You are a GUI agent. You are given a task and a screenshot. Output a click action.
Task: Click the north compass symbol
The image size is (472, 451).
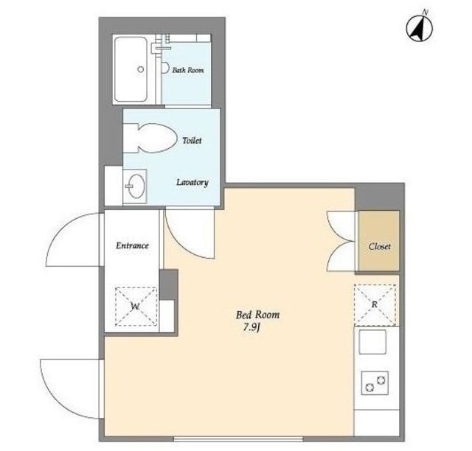(420, 28)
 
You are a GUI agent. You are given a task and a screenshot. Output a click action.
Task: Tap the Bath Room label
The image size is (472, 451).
(188, 70)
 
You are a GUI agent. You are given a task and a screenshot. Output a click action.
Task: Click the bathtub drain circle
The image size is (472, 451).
(141, 69)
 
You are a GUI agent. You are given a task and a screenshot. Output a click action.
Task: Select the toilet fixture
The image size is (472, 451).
(150, 138)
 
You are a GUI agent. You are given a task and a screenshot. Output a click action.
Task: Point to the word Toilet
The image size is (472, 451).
(192, 140)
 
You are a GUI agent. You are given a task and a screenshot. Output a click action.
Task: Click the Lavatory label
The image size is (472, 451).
(192, 182)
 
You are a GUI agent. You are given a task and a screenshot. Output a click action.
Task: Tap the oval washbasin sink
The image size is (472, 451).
(136, 186)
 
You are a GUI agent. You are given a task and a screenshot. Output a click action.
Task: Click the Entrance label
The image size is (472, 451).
(132, 245)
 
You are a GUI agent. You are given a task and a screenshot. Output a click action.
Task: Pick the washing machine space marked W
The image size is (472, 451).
(136, 307)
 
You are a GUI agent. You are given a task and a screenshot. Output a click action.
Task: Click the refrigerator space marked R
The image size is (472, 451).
(375, 305)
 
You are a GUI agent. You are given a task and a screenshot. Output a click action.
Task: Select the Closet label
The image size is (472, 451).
(380, 246)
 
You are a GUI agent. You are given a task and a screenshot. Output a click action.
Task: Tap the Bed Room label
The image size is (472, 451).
(257, 315)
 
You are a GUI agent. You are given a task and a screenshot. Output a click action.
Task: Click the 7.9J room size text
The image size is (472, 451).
(251, 327)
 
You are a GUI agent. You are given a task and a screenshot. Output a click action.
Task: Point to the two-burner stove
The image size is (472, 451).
(375, 383)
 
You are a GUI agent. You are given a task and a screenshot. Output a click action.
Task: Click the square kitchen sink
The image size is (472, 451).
(372, 342)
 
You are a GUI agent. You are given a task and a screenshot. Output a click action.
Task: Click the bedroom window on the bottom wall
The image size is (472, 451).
(238, 439)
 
